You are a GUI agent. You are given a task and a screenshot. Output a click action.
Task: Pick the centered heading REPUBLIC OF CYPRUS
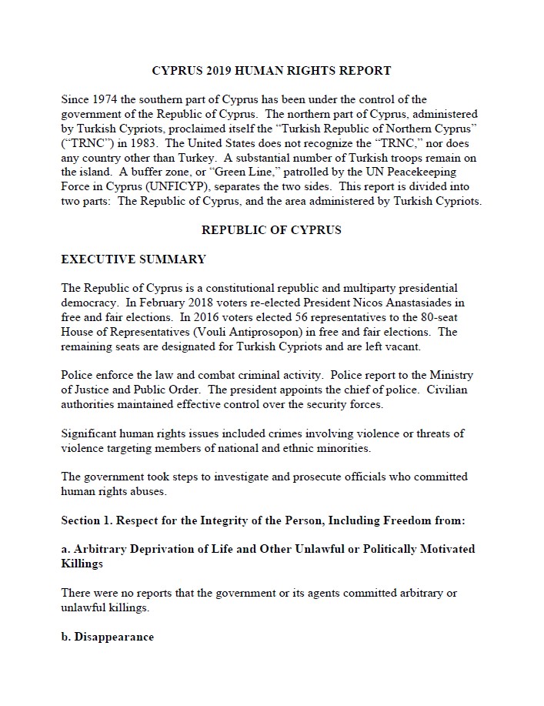[x=272, y=229]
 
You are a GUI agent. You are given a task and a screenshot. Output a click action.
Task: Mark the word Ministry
[x=451, y=375]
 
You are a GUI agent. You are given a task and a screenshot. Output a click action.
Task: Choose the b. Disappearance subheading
[x=107, y=637]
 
